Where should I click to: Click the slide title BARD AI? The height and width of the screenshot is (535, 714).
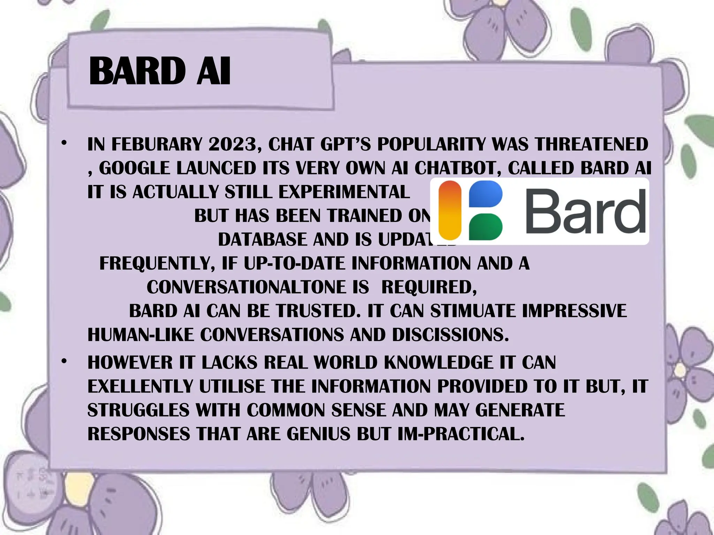[x=160, y=71]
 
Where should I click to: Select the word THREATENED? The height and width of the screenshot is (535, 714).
[x=591, y=144]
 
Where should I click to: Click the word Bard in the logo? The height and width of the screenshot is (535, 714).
[x=585, y=211]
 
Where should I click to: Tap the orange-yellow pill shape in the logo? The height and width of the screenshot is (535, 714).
[x=450, y=211]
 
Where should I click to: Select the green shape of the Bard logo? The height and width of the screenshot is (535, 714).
[x=485, y=227]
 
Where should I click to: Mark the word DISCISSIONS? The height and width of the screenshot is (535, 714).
[x=450, y=335]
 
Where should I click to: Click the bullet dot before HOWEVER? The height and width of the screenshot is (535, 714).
[x=63, y=362]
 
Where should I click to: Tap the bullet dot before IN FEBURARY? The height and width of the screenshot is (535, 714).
[x=63, y=143]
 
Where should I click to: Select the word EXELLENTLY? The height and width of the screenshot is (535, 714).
[x=140, y=386]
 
